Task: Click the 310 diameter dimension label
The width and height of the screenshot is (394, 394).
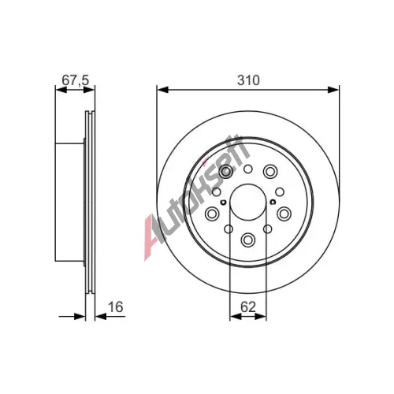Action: (x=248, y=80)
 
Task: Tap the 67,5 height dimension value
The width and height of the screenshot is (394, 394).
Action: (x=76, y=80)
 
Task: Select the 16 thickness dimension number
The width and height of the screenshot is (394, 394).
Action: (x=115, y=307)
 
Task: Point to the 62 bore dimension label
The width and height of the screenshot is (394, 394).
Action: (x=248, y=307)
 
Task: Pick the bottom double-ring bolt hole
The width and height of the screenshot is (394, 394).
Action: (x=248, y=240)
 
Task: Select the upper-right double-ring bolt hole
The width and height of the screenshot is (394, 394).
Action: (x=270, y=171)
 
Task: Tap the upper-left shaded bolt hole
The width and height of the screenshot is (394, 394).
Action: (x=226, y=172)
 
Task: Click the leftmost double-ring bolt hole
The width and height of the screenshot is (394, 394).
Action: (x=212, y=214)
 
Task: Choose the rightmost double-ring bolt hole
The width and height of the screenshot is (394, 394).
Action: (x=284, y=214)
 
